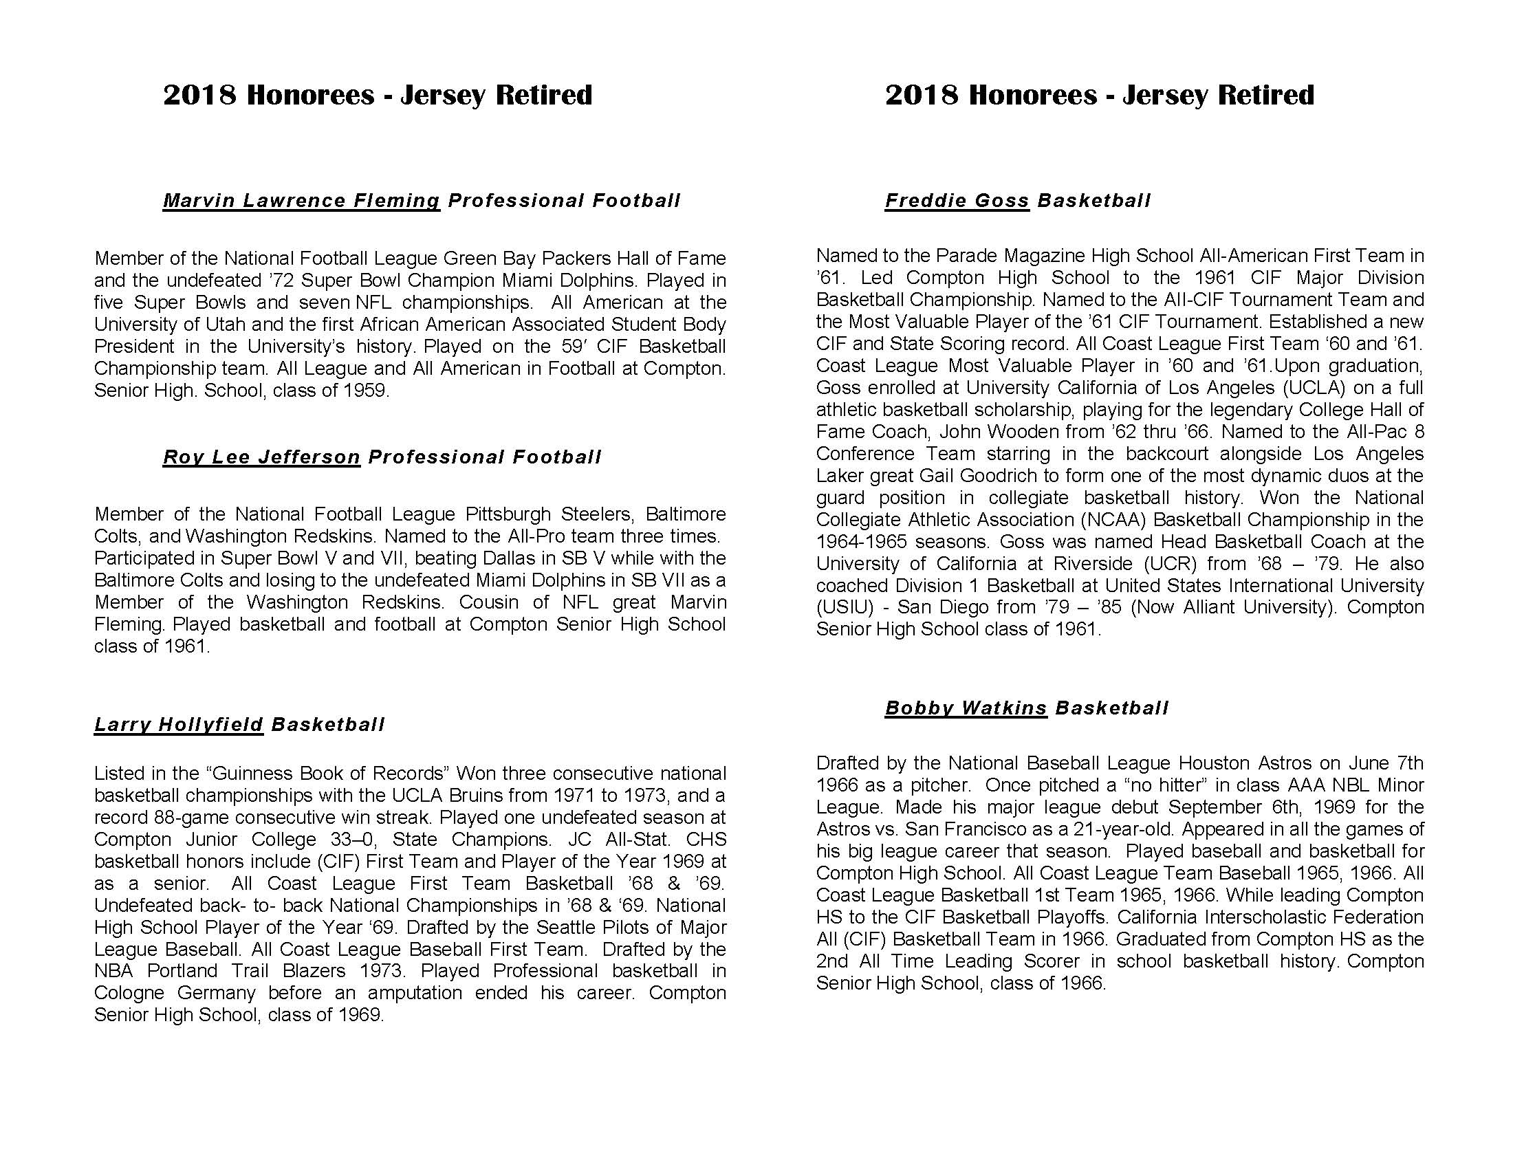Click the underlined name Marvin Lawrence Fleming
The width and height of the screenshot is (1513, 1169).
[x=301, y=201]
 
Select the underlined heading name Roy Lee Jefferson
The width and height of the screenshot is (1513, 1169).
[x=261, y=457]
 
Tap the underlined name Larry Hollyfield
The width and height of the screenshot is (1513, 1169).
[x=179, y=725]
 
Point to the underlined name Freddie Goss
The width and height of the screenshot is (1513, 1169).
[x=957, y=201]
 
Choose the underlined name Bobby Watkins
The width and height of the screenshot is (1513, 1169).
[x=966, y=708]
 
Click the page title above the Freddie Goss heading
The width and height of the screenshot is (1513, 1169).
[x=1100, y=95]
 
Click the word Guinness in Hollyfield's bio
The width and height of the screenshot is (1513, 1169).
[x=250, y=774]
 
